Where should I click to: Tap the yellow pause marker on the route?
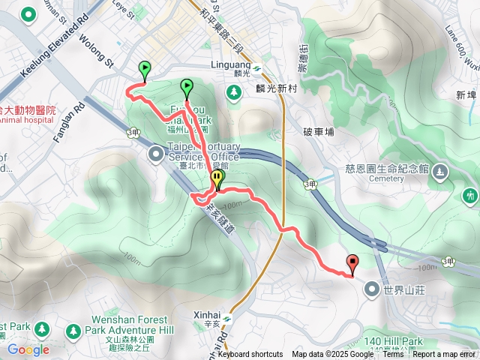pos(217,179)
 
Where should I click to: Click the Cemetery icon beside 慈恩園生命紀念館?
pos(440,173)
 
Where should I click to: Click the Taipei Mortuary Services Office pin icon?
pos(156,154)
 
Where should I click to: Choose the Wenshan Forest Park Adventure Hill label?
pos(129,329)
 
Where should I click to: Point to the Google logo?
pos(28,349)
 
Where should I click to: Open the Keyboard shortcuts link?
pos(250,355)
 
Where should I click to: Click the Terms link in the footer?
pos(393,355)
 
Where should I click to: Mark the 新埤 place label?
pos(466,94)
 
